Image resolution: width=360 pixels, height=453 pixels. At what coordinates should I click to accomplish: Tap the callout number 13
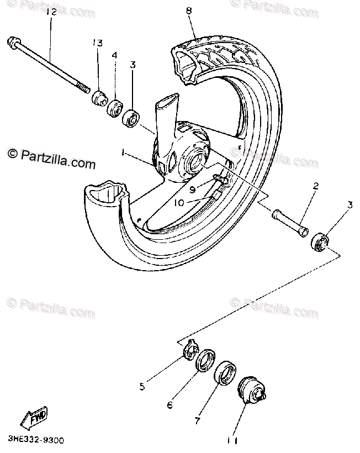coord(98,43)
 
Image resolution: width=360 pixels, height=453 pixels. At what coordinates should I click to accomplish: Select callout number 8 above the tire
coord(189,10)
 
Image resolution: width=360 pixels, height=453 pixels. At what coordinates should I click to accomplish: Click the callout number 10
coord(178,203)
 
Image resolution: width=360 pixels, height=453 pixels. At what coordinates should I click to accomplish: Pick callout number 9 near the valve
coord(193,189)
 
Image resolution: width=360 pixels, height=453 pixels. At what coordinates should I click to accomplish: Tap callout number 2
coord(316,186)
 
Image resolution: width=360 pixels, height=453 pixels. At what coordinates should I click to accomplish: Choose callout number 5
coord(142,386)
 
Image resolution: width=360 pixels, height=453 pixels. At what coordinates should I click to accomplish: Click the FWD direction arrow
coord(34,419)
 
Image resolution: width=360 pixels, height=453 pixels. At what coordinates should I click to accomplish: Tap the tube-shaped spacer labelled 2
coord(289,222)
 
